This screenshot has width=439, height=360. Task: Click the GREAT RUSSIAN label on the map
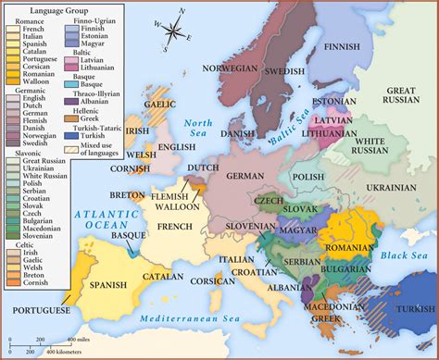(x=408, y=99)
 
